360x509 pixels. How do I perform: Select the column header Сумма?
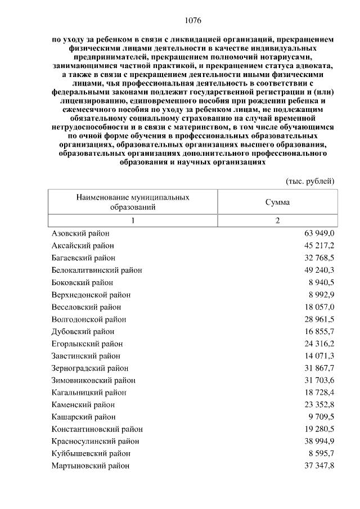(277, 202)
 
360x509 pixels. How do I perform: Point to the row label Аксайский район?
(83, 245)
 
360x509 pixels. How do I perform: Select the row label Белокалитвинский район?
(97, 270)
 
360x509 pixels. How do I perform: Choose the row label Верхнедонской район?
(91, 295)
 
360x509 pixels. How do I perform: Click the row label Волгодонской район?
(89, 319)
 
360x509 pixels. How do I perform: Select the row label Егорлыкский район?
(87, 344)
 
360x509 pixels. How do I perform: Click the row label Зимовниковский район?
(93, 381)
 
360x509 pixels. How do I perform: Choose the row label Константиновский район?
(97, 429)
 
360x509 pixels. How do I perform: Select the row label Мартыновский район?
(91, 466)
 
